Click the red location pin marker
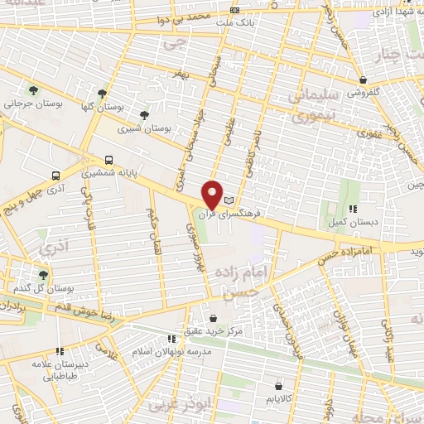[x=213, y=194]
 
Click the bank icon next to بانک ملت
[x=235, y=10]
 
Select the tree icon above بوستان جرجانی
[x=33, y=91]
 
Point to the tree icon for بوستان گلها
[x=102, y=94]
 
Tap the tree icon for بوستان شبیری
[x=146, y=115]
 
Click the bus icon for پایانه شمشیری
[x=108, y=160]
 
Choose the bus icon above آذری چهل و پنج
[x=55, y=176]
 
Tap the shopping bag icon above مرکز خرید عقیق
[x=214, y=317]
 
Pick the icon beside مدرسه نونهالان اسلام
[x=172, y=339]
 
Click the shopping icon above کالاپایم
[x=278, y=384]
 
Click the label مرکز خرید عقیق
[x=214, y=331]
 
